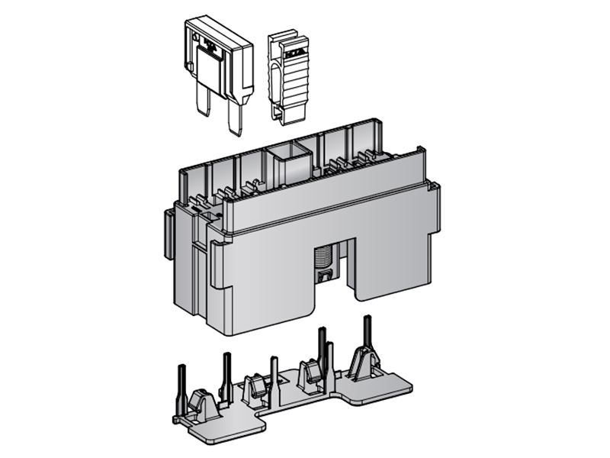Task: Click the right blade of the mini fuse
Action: (x=235, y=118)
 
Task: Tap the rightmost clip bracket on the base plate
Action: (x=363, y=365)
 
